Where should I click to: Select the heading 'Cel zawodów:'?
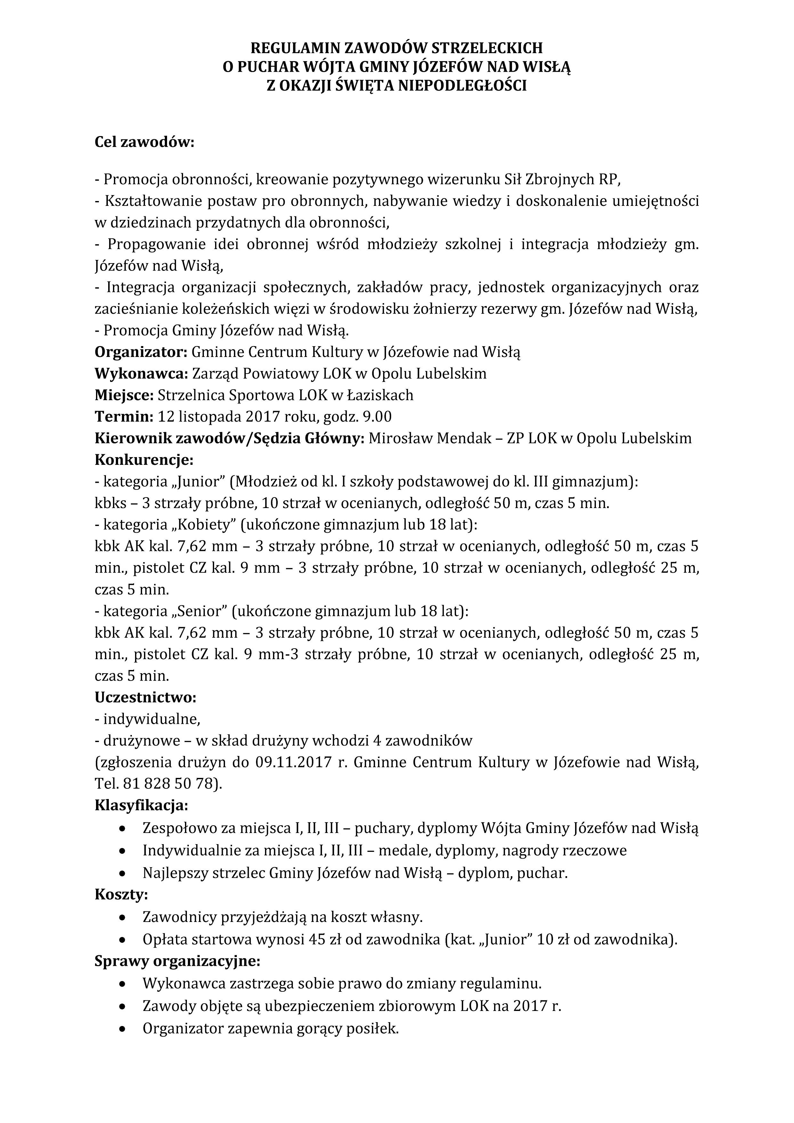tap(144, 142)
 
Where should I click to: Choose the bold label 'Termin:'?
tap(124, 417)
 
